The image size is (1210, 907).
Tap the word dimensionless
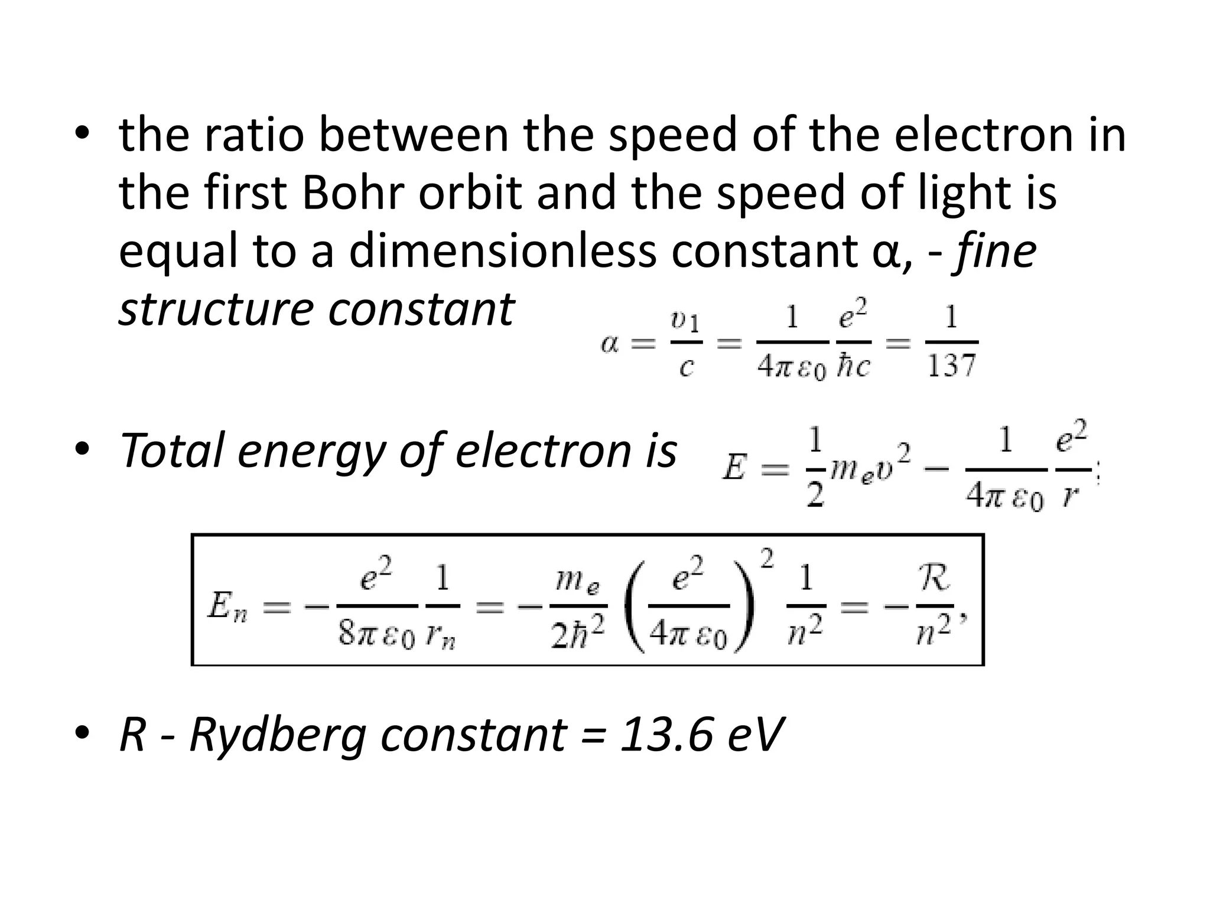click(x=502, y=250)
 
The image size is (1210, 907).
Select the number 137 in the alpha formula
click(x=951, y=366)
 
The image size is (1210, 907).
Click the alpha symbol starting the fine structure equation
click(x=610, y=343)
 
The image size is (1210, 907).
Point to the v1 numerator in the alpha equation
click(x=685, y=322)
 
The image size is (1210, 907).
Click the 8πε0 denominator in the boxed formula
click(x=376, y=635)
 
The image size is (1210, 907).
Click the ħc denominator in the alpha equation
click(x=853, y=367)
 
